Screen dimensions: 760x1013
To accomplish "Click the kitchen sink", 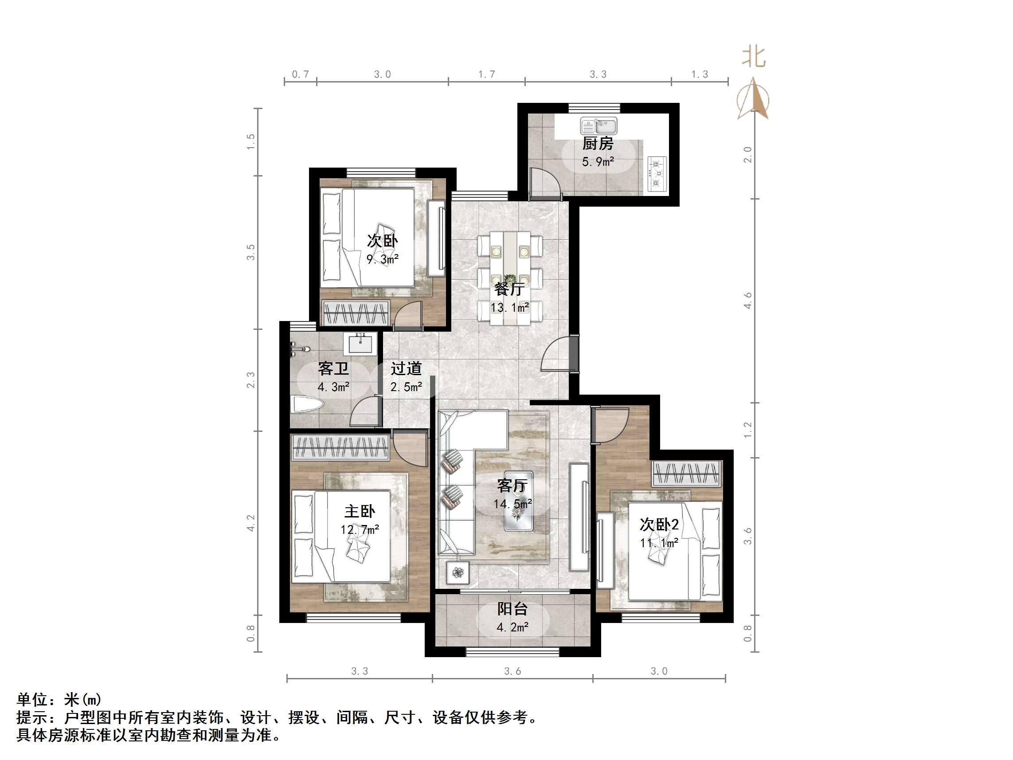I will click(598, 125).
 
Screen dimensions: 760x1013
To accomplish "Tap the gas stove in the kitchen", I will click(657, 174).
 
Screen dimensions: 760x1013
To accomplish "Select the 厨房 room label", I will click(598, 144).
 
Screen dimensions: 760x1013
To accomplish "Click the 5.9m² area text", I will click(598, 162).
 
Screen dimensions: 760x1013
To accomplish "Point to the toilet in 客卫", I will click(307, 404).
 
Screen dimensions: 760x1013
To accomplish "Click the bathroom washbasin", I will click(360, 344).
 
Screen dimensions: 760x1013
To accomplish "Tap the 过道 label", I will click(406, 369).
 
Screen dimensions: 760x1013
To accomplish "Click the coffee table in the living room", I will click(518, 501).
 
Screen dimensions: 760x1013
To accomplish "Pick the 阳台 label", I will click(512, 609).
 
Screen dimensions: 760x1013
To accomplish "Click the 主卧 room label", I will click(360, 511).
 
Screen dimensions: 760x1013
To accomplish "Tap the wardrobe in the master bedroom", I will click(340, 447).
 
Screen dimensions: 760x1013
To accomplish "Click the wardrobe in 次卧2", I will click(686, 473).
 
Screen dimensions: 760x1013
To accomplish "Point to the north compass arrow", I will click(753, 99).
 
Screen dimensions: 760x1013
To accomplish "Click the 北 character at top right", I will click(754, 57).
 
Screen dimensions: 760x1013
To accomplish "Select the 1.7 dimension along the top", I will click(486, 74).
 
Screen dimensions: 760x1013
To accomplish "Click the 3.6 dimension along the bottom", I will click(512, 671).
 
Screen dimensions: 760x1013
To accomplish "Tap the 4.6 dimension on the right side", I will click(748, 301).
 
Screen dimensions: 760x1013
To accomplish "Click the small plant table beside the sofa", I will click(458, 572).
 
